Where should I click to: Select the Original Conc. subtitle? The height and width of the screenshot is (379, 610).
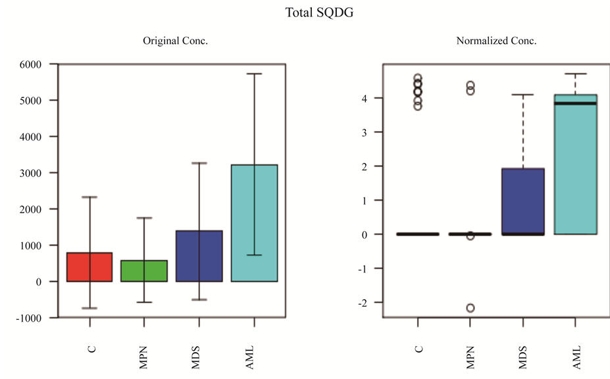coord(176,41)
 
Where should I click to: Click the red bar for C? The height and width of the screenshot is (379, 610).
coord(91,267)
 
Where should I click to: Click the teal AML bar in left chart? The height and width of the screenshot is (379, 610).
coord(254,224)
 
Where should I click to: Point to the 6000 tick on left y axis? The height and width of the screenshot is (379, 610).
coord(30,64)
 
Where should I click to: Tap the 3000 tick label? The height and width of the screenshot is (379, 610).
coord(30,173)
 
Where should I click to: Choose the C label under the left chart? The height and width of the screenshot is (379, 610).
coord(91,349)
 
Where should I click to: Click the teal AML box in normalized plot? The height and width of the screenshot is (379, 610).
coord(575,171)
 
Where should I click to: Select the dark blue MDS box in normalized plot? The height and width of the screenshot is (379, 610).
coord(523,197)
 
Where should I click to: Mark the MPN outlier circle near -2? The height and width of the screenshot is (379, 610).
coord(470,307)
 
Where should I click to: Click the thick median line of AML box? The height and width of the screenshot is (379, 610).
coord(575,103)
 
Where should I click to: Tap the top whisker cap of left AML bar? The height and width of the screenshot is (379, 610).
coord(254,74)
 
